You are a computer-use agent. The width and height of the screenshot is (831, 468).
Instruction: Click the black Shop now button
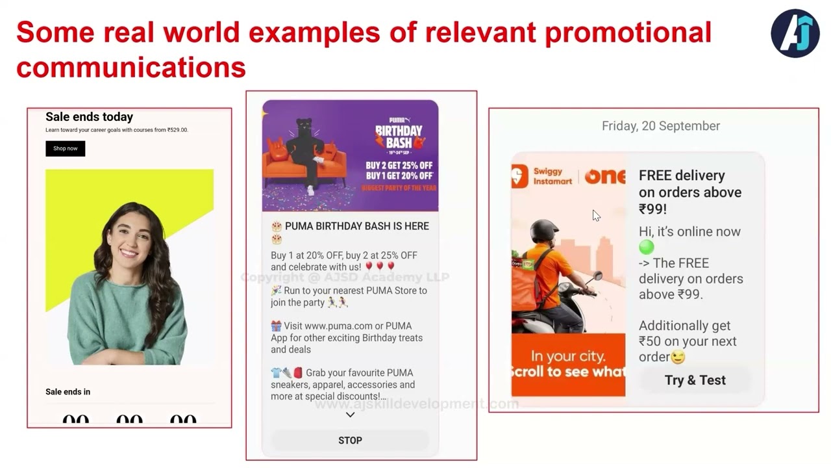point(65,149)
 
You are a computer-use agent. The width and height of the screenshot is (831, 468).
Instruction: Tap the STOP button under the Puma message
point(350,440)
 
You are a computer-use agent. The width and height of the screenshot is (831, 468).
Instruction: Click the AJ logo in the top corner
point(795,34)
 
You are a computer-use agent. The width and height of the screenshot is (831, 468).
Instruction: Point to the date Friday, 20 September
point(660,126)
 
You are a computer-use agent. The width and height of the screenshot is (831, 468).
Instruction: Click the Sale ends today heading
point(89,117)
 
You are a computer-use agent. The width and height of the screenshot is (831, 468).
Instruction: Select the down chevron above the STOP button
point(350,415)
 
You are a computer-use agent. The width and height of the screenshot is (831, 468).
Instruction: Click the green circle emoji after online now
point(646,247)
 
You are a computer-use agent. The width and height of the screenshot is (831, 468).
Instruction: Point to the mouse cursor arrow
point(596,216)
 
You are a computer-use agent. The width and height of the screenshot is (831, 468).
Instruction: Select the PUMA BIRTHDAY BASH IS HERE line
point(356,226)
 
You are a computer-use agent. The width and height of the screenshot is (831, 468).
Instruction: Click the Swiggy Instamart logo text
point(552,176)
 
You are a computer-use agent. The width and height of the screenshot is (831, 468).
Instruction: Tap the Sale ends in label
point(68,392)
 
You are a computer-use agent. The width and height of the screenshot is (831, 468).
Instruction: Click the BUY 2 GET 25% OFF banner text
point(399,165)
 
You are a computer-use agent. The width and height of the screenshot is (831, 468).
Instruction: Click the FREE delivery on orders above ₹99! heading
point(689,192)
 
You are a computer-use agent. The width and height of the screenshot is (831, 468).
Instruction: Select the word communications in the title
point(130,67)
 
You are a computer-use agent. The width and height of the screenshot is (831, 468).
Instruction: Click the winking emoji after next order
point(678,357)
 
